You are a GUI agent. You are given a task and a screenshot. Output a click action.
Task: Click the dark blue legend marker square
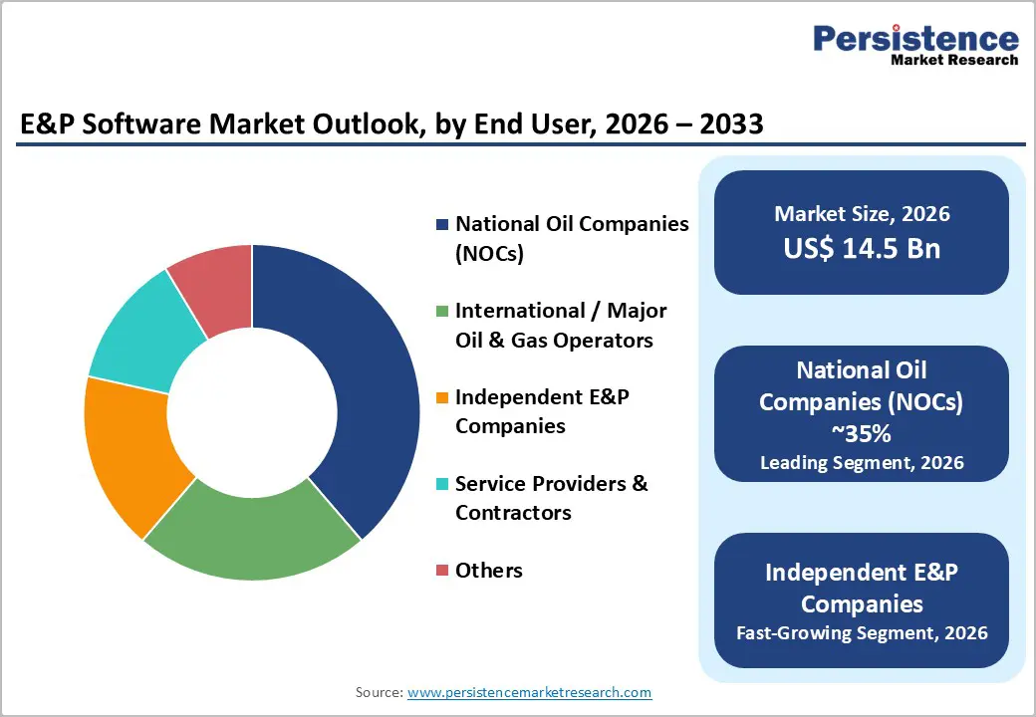pyautogui.click(x=441, y=225)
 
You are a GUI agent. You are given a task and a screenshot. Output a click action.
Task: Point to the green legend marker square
pyautogui.click(x=441, y=312)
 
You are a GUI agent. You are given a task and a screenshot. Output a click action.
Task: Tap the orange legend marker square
pyautogui.click(x=441, y=398)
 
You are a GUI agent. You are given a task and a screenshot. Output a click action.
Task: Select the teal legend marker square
pyautogui.click(x=441, y=485)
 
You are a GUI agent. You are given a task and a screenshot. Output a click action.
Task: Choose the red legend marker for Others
pyautogui.click(x=441, y=572)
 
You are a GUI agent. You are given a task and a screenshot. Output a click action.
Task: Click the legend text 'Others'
pyautogui.click(x=488, y=571)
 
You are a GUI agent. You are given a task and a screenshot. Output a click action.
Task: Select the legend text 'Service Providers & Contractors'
pyautogui.click(x=551, y=498)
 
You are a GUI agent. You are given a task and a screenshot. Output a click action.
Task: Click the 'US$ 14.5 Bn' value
pyautogui.click(x=862, y=248)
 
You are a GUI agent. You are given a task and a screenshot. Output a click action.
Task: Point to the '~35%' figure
pyautogui.click(x=862, y=434)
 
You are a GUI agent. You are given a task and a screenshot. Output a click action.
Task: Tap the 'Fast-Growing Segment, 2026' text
pyautogui.click(x=862, y=632)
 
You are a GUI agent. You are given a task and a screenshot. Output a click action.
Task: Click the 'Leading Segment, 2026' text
pyautogui.click(x=862, y=462)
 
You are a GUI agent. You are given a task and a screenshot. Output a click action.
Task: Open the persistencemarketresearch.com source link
pyautogui.click(x=529, y=692)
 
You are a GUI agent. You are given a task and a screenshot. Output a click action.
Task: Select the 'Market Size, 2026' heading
pyautogui.click(x=862, y=214)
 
